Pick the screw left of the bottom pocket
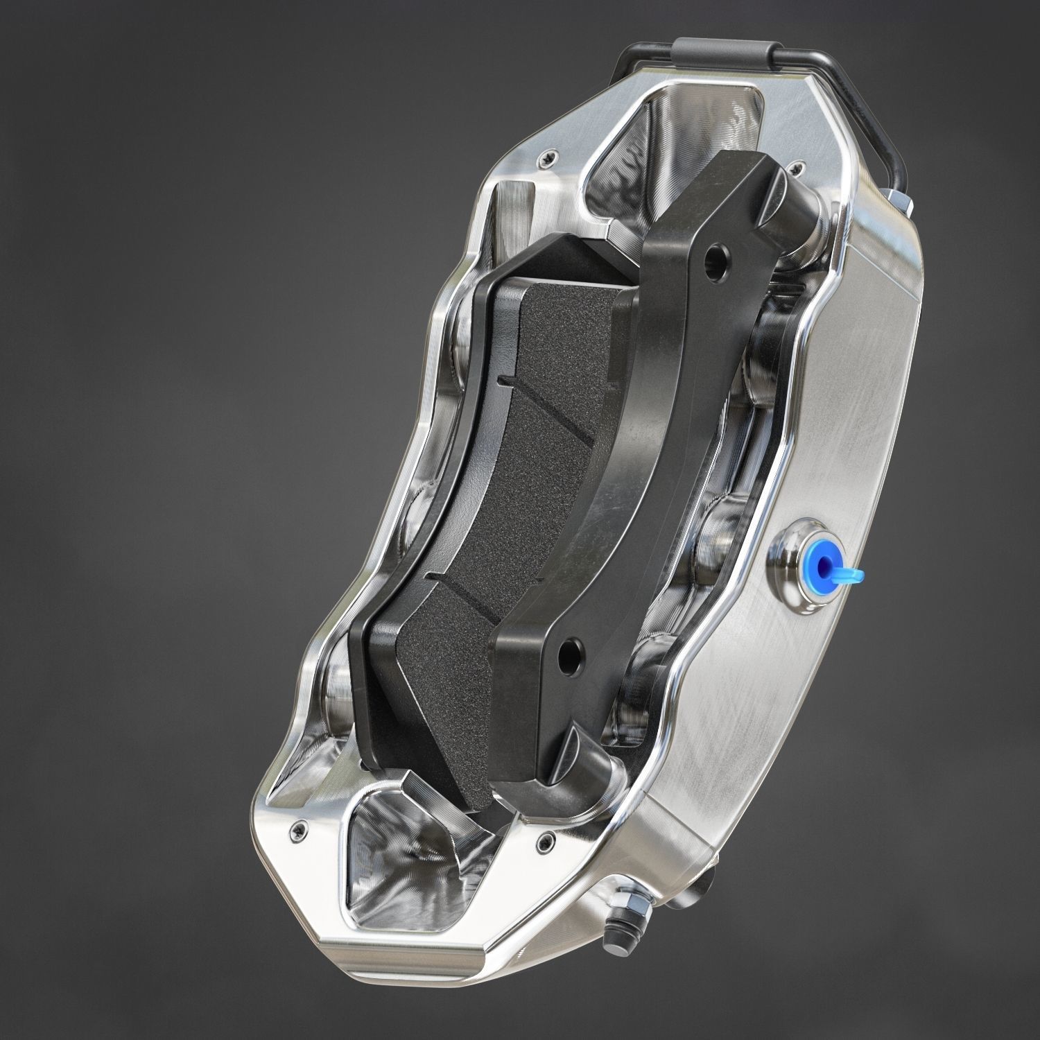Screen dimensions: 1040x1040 pos(300,827)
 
